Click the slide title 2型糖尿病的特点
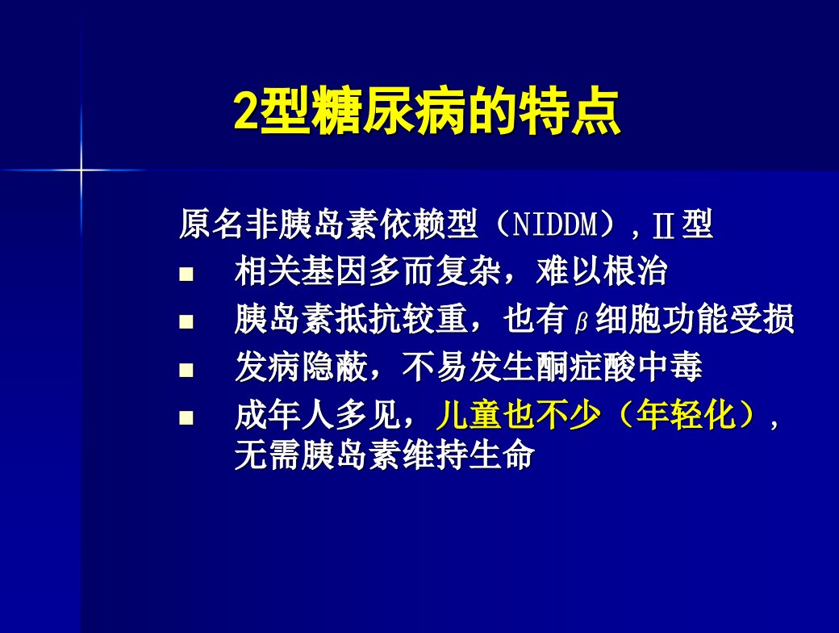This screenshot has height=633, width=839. [427, 112]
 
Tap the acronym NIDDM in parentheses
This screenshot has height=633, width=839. [555, 224]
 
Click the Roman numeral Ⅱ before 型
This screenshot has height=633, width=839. [663, 225]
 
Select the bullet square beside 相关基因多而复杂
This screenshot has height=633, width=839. [186, 275]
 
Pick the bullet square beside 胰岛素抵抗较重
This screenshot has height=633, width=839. [186, 321]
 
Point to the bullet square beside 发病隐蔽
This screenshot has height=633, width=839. [186, 370]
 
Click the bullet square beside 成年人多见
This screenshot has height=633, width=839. [186, 417]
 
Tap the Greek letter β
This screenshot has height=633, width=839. [582, 322]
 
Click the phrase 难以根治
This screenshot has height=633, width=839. [602, 271]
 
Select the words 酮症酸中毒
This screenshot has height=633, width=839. [619, 367]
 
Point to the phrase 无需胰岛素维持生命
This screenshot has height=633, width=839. [385, 455]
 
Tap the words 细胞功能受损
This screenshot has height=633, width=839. [695, 319]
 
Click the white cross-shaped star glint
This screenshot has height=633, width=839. [81, 170]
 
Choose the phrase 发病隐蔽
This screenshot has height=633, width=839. [301, 367]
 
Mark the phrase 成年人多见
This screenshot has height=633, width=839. [318, 415]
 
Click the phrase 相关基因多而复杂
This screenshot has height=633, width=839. [368, 271]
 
